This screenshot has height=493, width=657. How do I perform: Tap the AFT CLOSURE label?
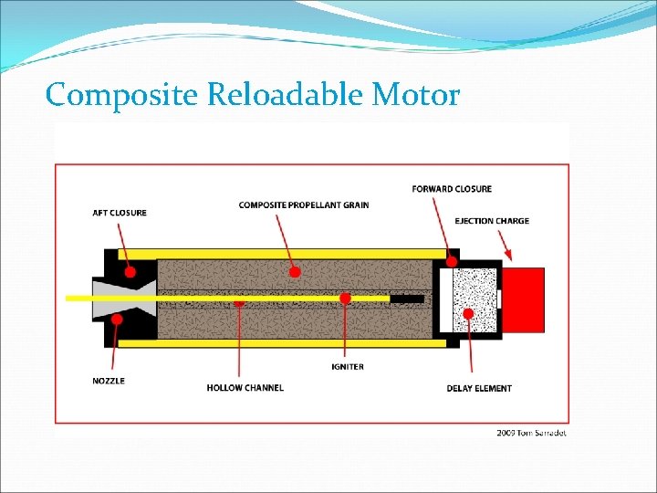[120, 213]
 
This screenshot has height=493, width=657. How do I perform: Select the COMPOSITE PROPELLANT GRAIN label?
[304, 205]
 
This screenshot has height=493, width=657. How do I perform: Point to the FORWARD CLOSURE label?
[452, 189]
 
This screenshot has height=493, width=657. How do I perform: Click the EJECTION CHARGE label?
[492, 221]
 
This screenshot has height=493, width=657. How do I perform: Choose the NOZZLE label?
[109, 380]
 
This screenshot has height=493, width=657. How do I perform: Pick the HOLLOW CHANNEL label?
[245, 388]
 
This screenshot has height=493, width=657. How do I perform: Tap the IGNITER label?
[348, 366]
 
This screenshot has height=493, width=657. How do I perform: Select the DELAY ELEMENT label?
[479, 388]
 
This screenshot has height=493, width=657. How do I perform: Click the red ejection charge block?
[523, 299]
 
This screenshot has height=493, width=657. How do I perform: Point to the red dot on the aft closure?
[130, 272]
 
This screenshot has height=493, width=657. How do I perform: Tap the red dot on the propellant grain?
[295, 271]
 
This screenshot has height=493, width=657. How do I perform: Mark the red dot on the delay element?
[468, 313]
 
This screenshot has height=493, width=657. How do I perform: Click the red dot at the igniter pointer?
[345, 298]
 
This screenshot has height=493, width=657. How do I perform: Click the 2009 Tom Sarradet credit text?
[531, 432]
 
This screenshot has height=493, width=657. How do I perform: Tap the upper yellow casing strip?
[283, 253]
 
